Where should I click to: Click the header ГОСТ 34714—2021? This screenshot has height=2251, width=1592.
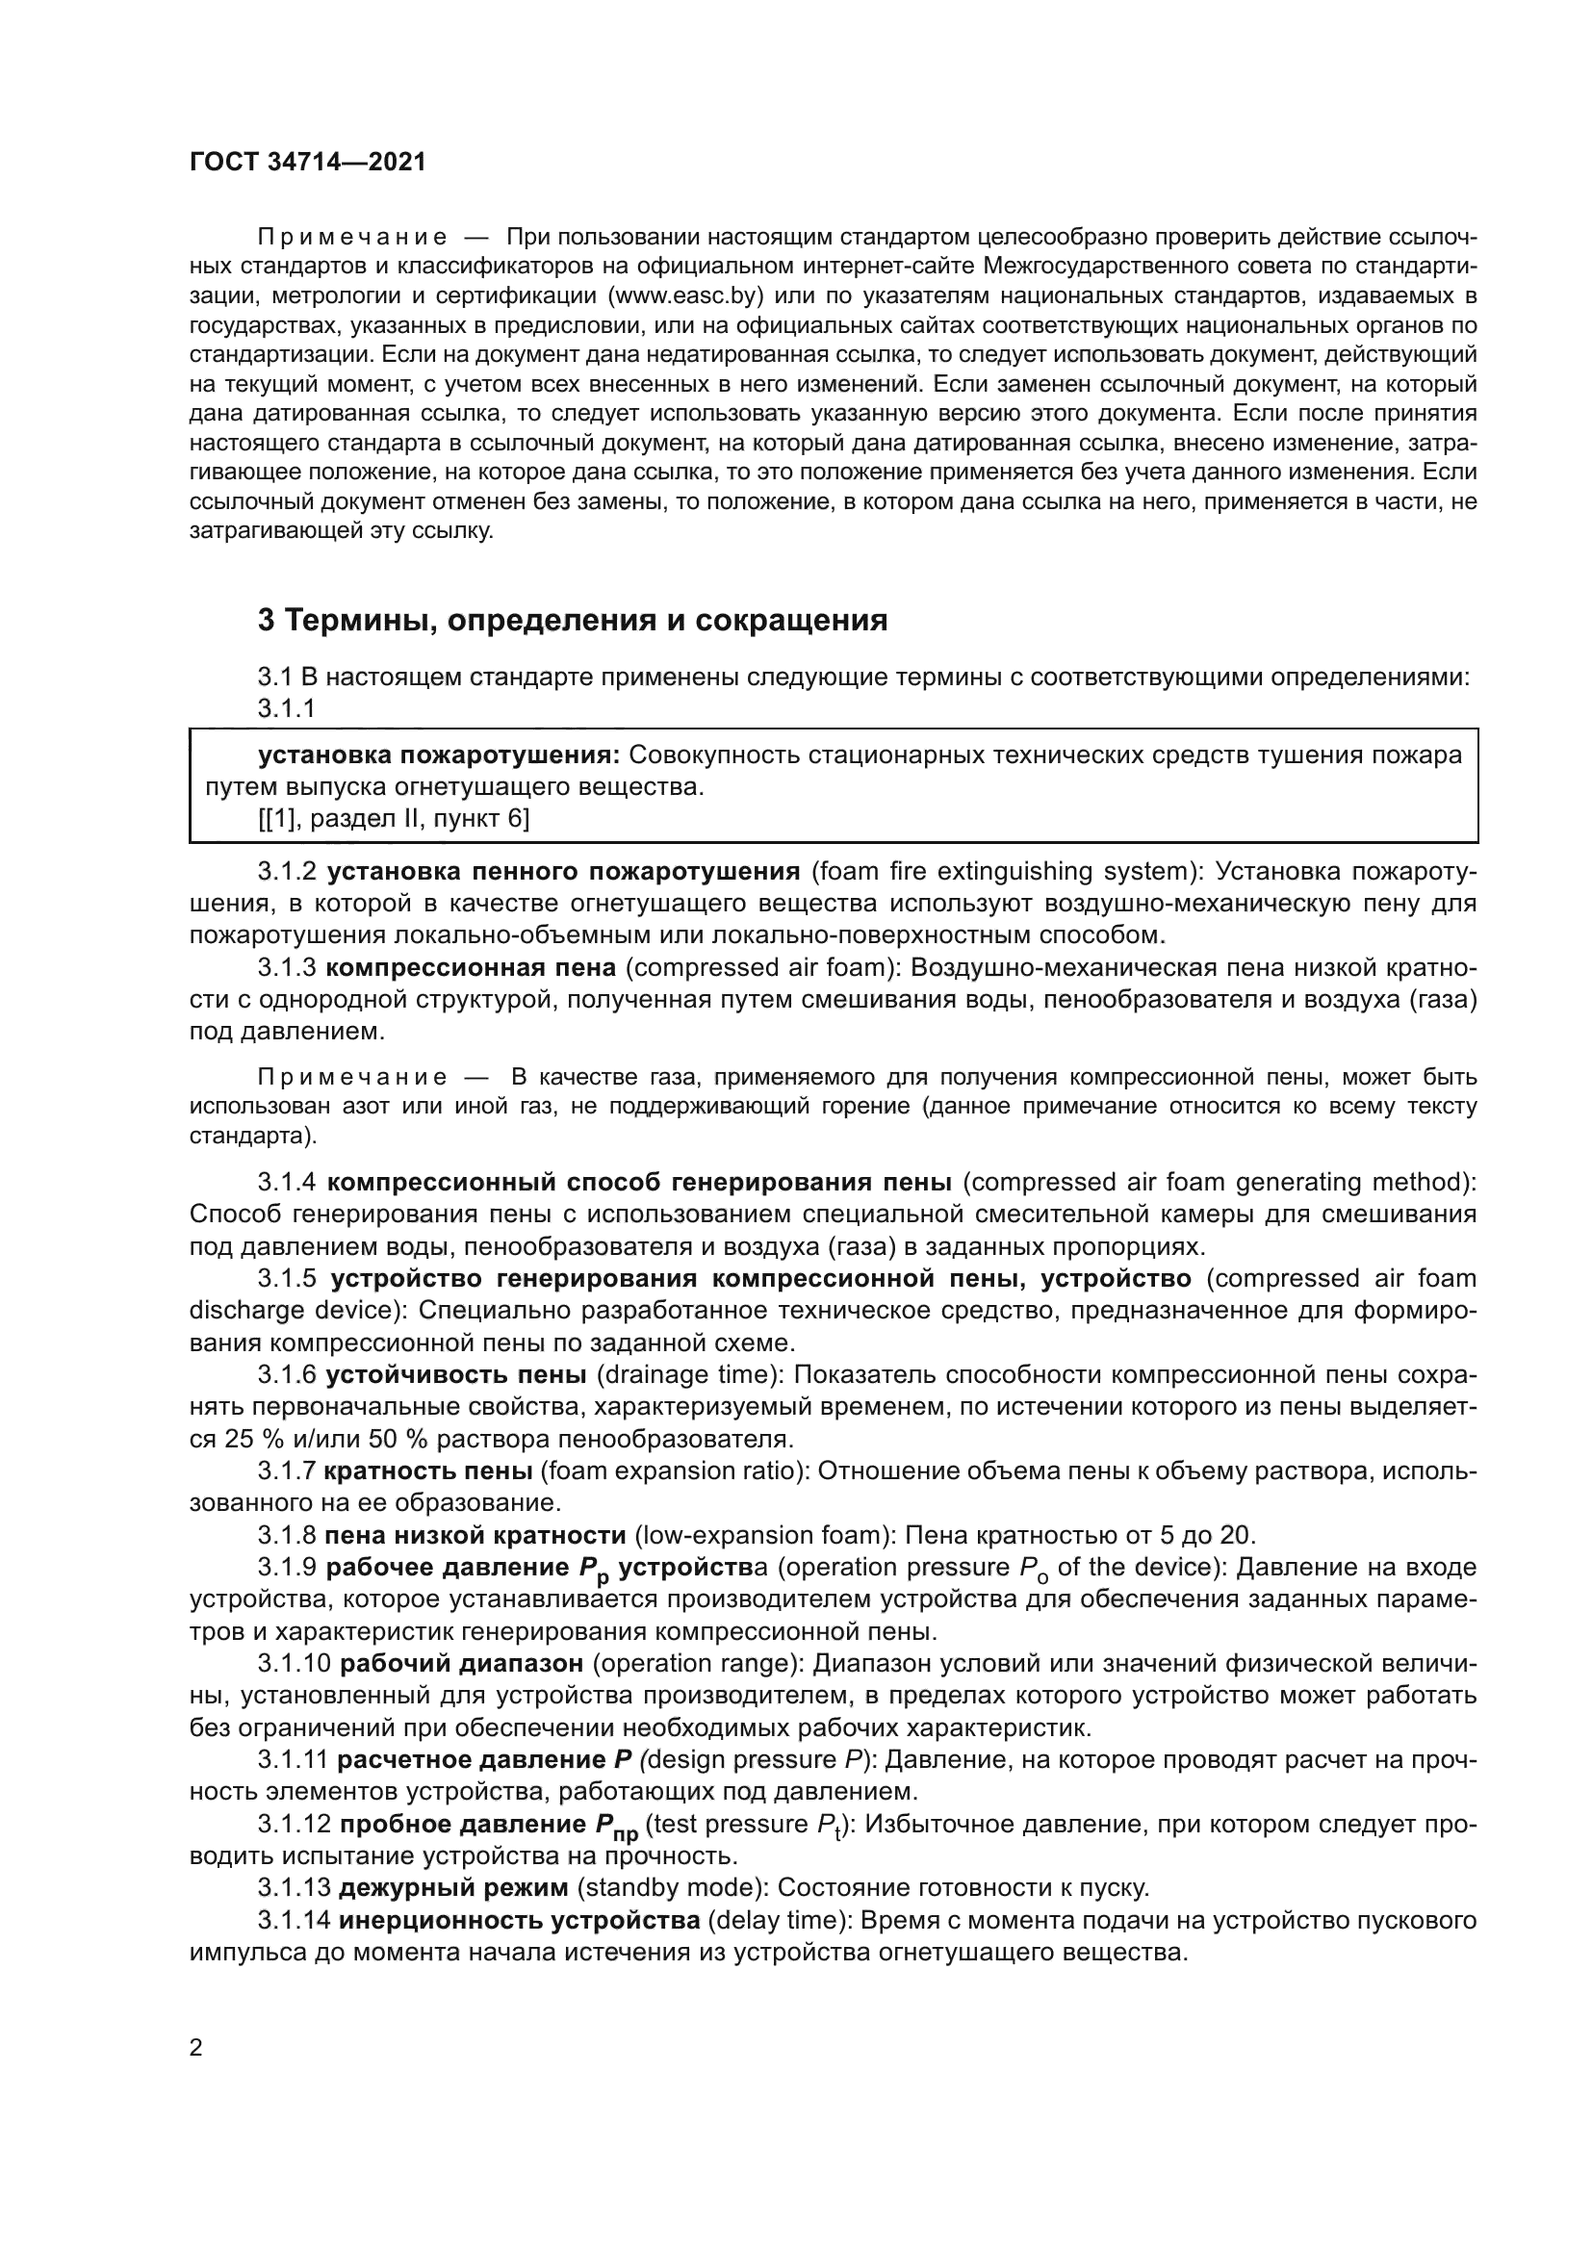click(308, 163)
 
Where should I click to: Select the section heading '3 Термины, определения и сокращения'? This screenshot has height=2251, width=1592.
click(573, 620)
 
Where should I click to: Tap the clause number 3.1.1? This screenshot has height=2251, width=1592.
click(286, 708)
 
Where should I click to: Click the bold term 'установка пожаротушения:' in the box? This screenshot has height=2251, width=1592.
click(438, 755)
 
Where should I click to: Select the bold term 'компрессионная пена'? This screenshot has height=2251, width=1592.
click(471, 967)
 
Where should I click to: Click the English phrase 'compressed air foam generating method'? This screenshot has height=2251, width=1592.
click(1221, 1183)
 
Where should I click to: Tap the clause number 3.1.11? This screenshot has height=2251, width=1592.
click(294, 1760)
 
